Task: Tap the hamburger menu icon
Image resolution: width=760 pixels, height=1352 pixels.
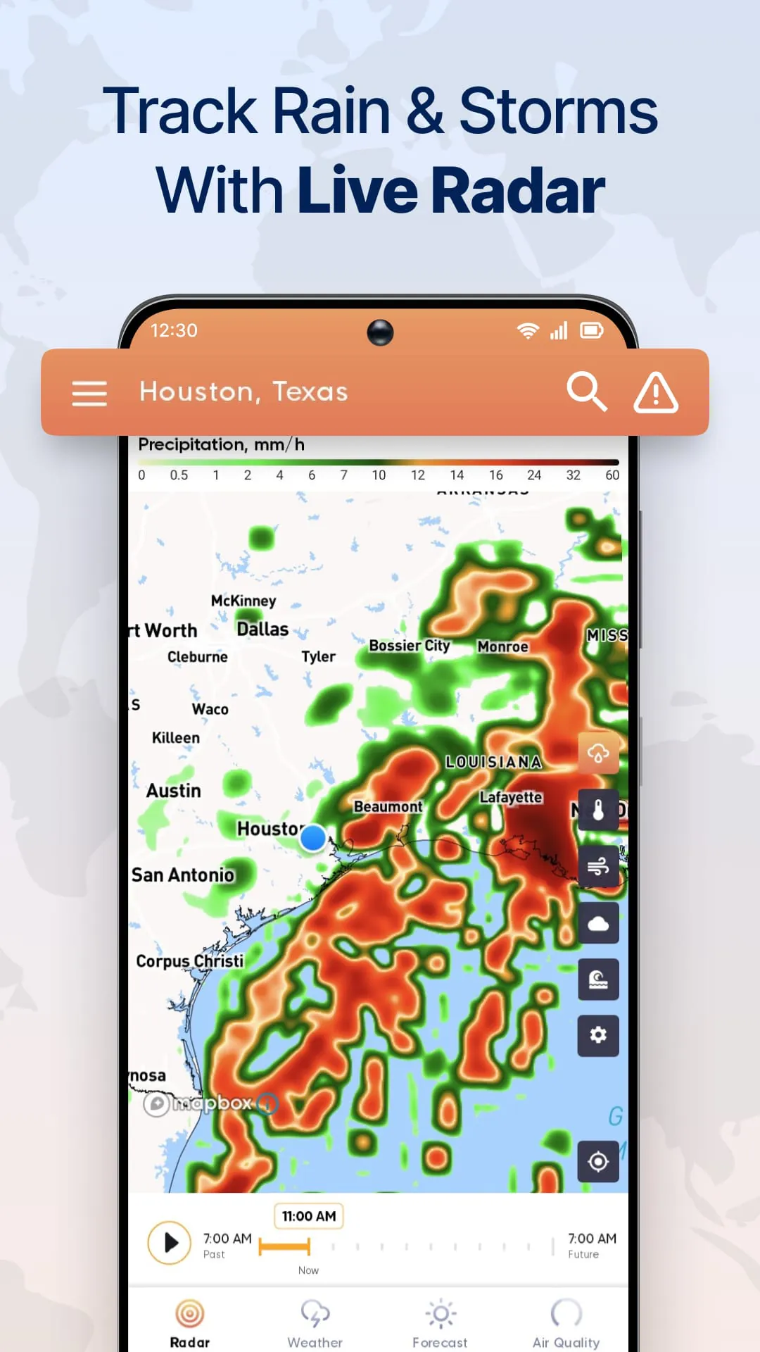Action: click(89, 393)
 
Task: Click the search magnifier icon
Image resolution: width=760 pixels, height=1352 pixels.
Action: click(587, 392)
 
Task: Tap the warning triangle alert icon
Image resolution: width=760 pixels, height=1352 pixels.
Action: click(656, 392)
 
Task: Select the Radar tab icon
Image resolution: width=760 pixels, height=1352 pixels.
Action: click(189, 1314)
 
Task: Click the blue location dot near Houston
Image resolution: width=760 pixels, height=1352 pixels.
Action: click(312, 838)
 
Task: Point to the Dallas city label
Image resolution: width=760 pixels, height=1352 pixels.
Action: click(262, 629)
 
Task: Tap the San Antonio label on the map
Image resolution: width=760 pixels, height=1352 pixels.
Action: click(183, 875)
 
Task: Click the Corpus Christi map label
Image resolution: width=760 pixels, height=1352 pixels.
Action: click(190, 961)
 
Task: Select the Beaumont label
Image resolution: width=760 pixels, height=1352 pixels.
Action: click(388, 806)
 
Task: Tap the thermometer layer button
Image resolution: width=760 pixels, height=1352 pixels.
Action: click(598, 810)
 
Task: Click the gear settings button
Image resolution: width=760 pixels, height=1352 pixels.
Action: click(598, 1035)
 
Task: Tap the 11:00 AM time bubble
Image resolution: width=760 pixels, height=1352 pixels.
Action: click(309, 1216)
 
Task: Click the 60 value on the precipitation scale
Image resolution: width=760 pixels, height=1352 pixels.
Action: click(612, 475)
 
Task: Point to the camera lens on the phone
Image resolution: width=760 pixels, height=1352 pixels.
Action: click(380, 332)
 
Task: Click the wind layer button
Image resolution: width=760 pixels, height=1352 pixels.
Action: click(598, 866)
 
